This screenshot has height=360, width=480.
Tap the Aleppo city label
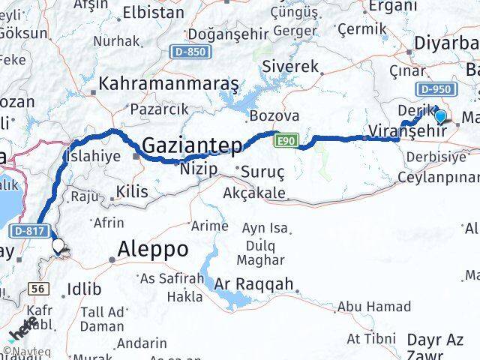[154, 250]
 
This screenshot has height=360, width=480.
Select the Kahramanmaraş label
[168, 82]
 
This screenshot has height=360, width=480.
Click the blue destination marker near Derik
[440, 116]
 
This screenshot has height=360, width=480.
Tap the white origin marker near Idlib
[58, 246]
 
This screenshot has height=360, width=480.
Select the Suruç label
[262, 172]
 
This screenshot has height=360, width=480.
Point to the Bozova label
[274, 116]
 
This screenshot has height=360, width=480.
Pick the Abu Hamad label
[373, 306]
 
